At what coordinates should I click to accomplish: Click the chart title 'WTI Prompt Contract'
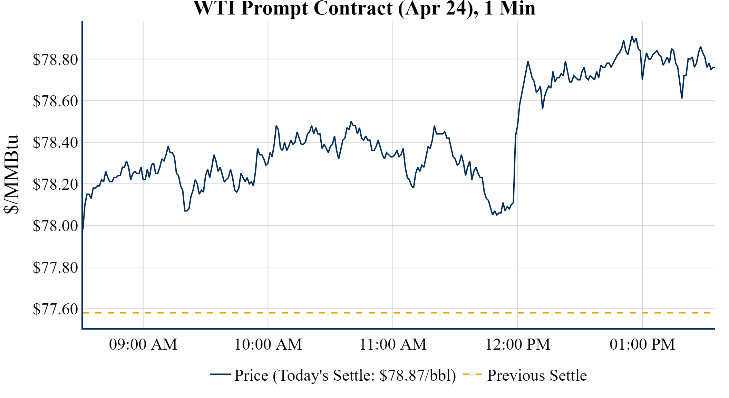tap(364, 8)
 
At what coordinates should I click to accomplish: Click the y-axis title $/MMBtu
tap(11, 174)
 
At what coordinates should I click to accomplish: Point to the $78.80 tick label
tap(55, 59)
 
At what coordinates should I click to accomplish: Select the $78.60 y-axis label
tap(55, 101)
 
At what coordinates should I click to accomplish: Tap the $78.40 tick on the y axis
tap(55, 142)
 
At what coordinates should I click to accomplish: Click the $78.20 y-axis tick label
tap(55, 184)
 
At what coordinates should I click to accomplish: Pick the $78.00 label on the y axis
tap(55, 226)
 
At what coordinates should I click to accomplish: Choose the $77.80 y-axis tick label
tap(55, 267)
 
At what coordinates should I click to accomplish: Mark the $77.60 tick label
tap(55, 309)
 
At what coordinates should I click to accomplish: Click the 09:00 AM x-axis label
tap(143, 344)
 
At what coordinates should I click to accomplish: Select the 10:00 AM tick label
tap(268, 344)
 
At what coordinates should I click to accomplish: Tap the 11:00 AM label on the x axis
tap(393, 344)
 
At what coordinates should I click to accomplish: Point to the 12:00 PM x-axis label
tap(518, 344)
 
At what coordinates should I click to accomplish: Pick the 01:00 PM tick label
tap(642, 344)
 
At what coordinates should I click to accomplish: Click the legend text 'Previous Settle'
tap(537, 376)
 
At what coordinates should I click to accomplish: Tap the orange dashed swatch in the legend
tap(472, 374)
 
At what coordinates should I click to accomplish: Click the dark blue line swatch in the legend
tap(220, 374)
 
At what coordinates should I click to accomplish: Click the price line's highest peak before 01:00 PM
tap(632, 37)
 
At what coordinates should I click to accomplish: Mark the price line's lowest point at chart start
tap(83, 229)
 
